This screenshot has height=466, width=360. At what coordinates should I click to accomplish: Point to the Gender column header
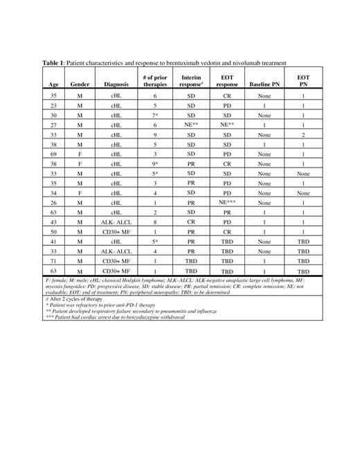pos(80,84)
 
